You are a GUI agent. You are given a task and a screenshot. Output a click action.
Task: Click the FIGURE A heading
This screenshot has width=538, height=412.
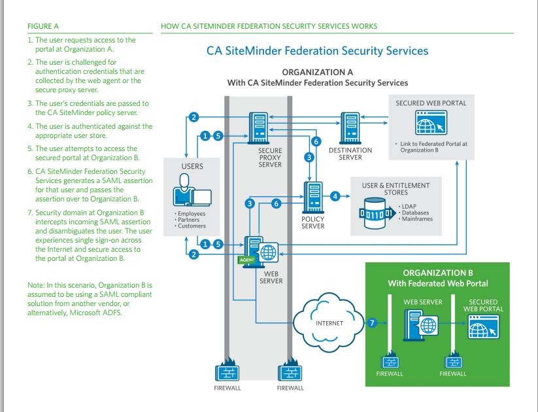click(43, 26)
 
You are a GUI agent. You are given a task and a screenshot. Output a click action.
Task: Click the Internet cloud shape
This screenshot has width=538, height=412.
click(329, 323)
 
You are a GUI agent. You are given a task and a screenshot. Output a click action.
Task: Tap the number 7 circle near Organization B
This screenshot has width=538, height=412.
click(372, 323)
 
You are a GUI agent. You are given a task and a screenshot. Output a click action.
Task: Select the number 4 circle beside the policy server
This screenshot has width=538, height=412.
click(335, 195)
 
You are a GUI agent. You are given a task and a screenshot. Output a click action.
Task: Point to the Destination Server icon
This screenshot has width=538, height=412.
click(350, 128)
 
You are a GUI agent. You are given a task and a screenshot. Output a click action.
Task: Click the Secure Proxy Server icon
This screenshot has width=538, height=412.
click(260, 128)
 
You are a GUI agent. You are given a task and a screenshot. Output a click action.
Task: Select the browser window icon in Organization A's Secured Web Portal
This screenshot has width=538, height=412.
click(429, 123)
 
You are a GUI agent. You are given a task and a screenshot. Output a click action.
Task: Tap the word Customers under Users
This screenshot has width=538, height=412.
click(192, 226)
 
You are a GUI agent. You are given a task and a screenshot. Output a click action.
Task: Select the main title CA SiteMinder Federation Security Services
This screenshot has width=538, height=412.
click(317, 50)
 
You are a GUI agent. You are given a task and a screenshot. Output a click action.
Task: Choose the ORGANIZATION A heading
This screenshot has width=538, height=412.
click(317, 71)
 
